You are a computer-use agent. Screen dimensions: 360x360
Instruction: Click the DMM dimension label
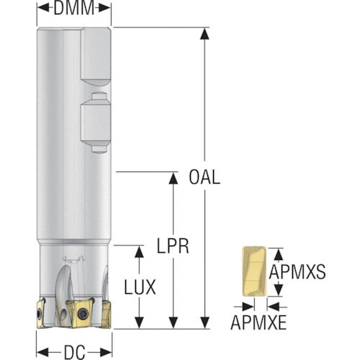point(74,8)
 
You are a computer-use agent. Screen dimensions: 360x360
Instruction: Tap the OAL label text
point(204,177)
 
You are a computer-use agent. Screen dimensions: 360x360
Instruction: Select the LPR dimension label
point(173,246)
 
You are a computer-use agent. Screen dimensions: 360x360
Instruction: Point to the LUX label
point(140,287)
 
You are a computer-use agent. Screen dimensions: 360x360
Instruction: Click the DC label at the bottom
point(74,353)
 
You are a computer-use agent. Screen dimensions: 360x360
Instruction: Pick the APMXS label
point(297,271)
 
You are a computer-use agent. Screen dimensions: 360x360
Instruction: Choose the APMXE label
point(258,323)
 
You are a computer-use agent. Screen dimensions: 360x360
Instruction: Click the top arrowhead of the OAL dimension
point(204,34)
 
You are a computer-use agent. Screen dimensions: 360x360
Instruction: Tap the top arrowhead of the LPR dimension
point(173,179)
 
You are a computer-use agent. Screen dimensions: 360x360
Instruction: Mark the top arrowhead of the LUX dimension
point(139,252)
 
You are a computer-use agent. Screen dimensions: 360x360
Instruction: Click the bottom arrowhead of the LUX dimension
point(139,323)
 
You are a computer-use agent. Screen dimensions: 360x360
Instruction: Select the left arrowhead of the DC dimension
point(42,353)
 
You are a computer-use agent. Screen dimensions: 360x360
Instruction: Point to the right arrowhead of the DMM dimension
point(104,8)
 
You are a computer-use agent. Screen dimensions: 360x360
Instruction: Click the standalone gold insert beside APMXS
point(254,271)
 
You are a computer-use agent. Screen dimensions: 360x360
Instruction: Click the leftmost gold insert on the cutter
point(41,312)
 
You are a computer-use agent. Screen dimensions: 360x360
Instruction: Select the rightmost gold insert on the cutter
point(107,315)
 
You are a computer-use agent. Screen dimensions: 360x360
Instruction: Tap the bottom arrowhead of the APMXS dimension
point(279,289)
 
